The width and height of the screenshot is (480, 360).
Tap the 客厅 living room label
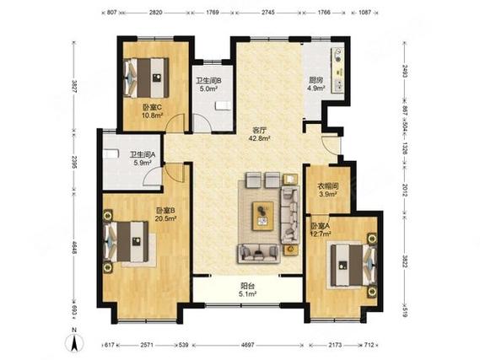coord(260,131)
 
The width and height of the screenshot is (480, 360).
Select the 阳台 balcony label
coord(248,287)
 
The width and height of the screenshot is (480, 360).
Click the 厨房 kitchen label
coord(316,80)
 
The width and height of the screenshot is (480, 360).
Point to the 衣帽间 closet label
coord(327,186)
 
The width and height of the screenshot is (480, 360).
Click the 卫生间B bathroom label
coord(208,81)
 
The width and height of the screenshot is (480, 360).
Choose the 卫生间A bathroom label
coord(143,155)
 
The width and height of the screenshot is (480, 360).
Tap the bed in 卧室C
coord(146,78)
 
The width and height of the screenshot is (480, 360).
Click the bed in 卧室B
coord(127,242)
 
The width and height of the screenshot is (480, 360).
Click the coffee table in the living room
coord(263,216)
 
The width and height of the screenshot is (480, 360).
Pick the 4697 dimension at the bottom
coord(248,345)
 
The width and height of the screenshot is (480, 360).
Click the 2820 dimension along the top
coord(155,13)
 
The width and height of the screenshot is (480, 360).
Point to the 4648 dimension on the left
coord(73,254)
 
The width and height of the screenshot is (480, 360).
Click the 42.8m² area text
coord(260,138)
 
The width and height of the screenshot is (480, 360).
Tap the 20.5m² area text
coord(165,218)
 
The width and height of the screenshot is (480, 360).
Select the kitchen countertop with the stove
coord(337,71)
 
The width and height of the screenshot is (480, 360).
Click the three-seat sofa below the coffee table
coord(259,253)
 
